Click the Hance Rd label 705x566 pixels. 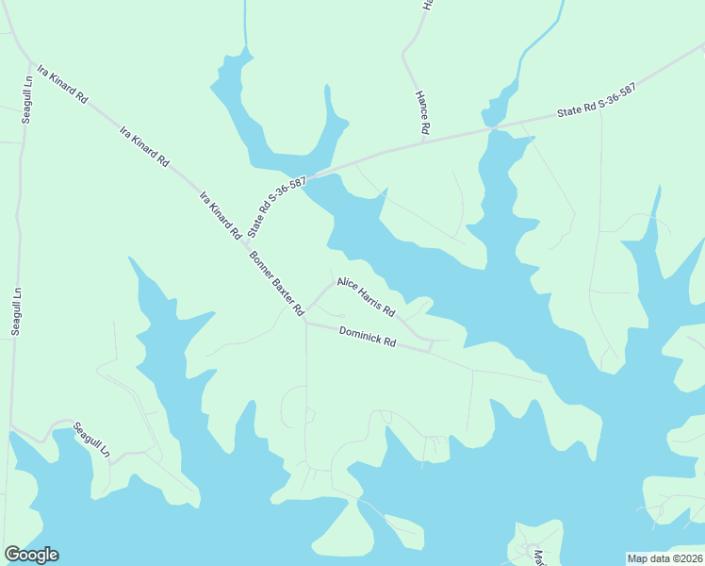(423, 111)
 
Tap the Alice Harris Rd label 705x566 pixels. (367, 296)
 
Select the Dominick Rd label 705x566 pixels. (367, 335)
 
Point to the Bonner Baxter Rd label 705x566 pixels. (277, 283)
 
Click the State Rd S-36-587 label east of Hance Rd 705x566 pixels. (597, 100)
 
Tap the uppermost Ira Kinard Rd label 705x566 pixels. (62, 84)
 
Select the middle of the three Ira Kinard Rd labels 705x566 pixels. (144, 146)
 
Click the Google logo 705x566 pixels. (31, 555)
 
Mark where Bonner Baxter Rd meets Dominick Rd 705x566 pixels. (306, 323)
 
